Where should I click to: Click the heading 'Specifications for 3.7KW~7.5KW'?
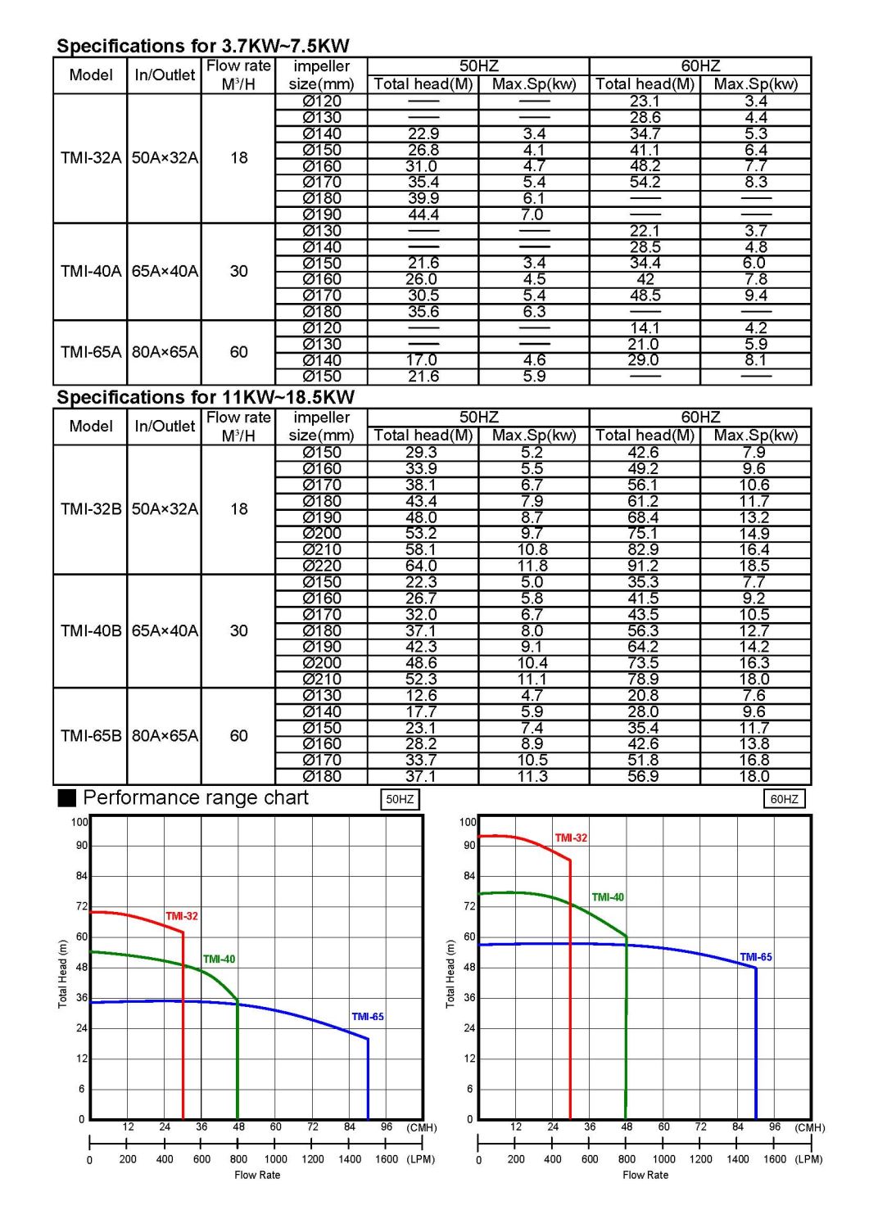click(202, 46)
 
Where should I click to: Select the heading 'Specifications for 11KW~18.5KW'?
click(205, 398)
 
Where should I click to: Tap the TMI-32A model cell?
click(90, 158)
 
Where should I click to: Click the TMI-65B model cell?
click(90, 736)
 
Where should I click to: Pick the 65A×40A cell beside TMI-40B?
click(165, 631)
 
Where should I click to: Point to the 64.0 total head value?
click(421, 567)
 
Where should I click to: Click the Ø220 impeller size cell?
click(321, 567)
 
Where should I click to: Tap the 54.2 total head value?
click(645, 183)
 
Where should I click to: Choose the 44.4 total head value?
click(423, 215)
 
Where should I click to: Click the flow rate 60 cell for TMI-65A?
click(238, 353)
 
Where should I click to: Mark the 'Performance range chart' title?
click(195, 798)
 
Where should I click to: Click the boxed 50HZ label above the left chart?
click(400, 800)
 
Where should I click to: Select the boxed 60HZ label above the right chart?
click(784, 800)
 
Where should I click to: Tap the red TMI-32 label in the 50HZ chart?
click(182, 916)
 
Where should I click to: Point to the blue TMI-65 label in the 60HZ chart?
click(755, 957)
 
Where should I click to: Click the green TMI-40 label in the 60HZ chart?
click(608, 897)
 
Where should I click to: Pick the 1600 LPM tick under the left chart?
click(386, 1159)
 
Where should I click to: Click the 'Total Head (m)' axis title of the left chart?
click(63, 973)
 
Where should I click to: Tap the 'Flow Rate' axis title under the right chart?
click(645, 1176)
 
